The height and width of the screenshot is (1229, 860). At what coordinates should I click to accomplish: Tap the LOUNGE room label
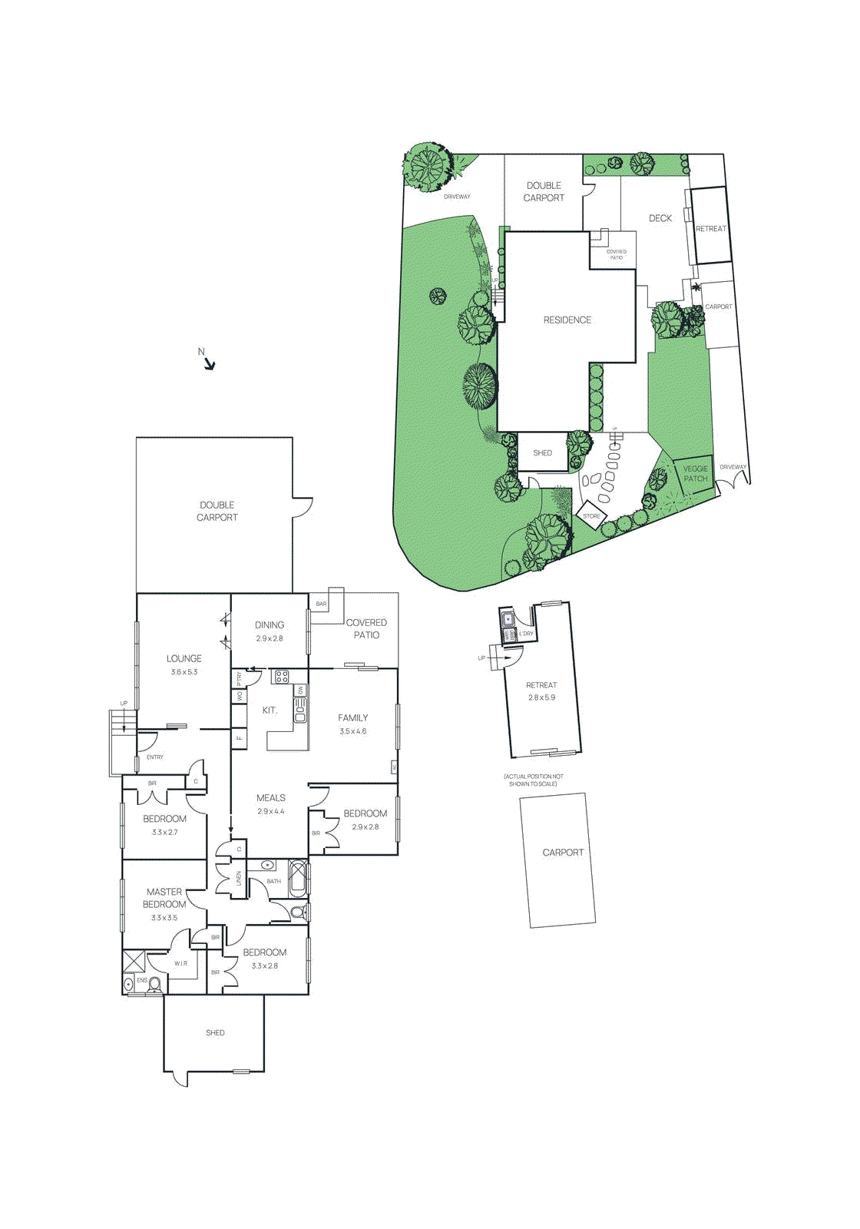(184, 659)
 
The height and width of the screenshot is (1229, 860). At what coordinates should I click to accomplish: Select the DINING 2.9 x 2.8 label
(270, 631)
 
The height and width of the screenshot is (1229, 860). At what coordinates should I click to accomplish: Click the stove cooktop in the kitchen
(282, 677)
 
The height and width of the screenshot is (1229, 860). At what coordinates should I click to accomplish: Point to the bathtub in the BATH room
(298, 879)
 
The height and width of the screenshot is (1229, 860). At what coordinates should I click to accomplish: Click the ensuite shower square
(134, 962)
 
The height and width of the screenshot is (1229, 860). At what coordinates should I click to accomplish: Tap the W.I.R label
(180, 963)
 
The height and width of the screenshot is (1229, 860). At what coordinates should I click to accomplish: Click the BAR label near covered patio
(321, 605)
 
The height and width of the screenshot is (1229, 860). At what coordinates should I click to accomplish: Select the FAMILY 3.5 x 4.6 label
(353, 724)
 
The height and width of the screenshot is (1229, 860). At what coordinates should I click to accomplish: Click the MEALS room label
(271, 799)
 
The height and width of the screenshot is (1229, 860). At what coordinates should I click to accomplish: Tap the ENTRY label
(155, 757)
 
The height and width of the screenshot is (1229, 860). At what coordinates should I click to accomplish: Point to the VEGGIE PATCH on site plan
(696, 474)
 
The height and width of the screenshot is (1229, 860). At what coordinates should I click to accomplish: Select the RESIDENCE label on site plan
(567, 320)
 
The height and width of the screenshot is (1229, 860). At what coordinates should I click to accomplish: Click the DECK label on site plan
(660, 219)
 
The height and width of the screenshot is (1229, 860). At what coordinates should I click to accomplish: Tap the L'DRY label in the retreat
(526, 634)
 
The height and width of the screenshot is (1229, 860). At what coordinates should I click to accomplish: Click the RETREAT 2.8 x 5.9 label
(541, 691)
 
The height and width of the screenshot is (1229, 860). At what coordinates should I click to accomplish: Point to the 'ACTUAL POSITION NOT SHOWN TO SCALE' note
(534, 780)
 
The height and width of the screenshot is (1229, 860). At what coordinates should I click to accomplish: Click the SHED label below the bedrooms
(215, 1033)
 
